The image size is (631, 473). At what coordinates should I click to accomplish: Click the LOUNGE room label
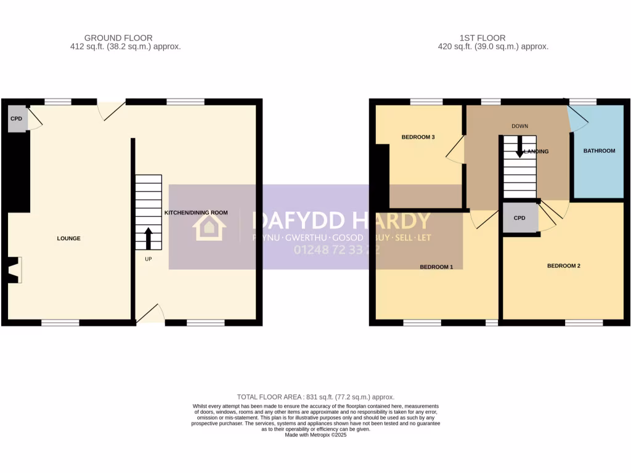[68, 238]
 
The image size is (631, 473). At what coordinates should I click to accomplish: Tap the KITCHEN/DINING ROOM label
[196, 212]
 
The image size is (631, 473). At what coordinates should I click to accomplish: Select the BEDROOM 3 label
[418, 137]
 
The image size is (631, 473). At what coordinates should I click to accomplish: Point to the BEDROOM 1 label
[436, 267]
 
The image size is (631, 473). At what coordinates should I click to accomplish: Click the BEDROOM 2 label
[564, 266]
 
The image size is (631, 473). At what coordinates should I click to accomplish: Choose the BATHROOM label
[599, 151]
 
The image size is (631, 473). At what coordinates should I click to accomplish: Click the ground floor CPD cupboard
[17, 119]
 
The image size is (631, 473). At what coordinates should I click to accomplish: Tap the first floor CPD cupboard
[519, 218]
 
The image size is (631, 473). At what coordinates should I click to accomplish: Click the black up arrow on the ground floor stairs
[149, 238]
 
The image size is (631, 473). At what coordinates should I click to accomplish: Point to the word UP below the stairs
[149, 259]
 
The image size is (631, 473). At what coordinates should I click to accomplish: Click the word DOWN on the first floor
[519, 126]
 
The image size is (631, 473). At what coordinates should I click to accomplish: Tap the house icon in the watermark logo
[205, 227]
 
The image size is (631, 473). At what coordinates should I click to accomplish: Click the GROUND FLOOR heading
[118, 38]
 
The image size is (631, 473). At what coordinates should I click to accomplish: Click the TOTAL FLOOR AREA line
[315, 397]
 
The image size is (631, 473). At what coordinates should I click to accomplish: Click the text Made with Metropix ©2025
[315, 435]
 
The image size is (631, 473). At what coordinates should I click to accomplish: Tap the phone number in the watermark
[336, 250]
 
